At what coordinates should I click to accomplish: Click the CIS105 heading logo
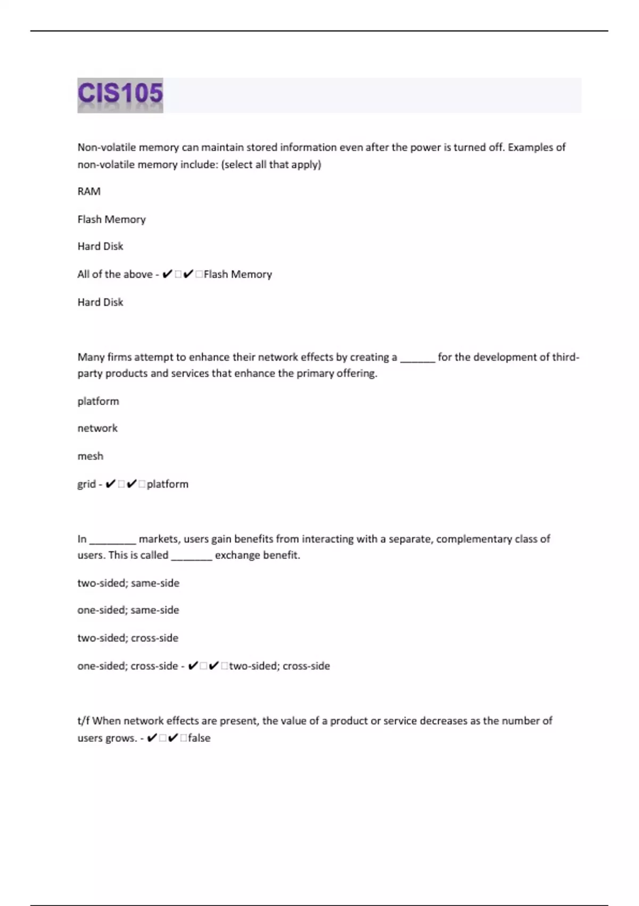(x=120, y=95)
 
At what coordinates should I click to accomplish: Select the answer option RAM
(x=89, y=191)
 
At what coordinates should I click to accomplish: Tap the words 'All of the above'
(x=115, y=274)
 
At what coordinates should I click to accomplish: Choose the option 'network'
(x=97, y=428)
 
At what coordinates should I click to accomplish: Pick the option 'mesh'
(x=91, y=456)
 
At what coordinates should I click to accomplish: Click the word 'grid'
(x=86, y=484)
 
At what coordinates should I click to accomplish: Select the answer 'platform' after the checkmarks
(x=168, y=484)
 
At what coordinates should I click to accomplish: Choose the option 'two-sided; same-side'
(x=128, y=583)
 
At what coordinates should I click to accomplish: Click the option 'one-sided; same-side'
(x=128, y=610)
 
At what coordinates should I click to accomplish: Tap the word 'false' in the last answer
(x=199, y=738)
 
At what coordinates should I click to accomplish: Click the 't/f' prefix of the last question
(x=84, y=721)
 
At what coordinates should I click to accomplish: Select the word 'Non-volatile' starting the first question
(x=106, y=148)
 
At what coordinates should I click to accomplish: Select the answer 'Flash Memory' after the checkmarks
(x=238, y=274)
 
